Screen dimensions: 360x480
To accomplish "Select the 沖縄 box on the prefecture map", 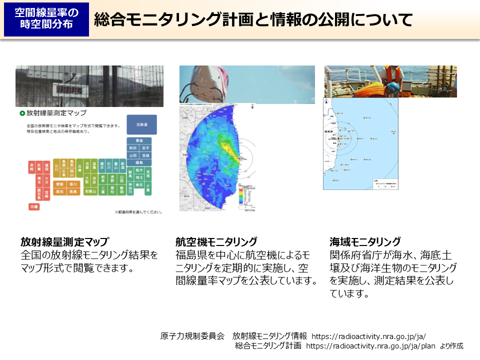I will click(x=34, y=206).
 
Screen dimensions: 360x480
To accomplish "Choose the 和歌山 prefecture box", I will click(x=90, y=191).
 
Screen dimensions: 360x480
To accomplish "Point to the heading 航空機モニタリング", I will click(x=216, y=242).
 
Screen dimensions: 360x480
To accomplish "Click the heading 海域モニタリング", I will click(x=365, y=242).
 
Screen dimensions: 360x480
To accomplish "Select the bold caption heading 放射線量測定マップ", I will click(x=64, y=242).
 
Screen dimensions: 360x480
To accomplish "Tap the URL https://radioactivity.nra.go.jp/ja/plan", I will click(x=370, y=345).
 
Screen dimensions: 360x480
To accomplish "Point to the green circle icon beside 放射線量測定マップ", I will click(x=22, y=113).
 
